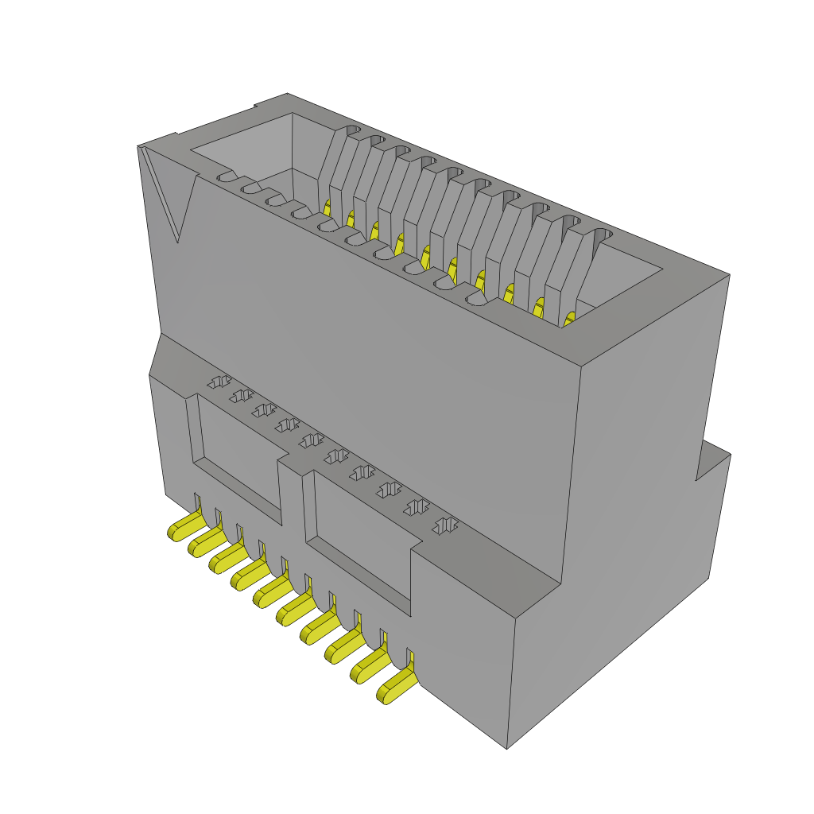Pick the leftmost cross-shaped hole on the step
(218, 382)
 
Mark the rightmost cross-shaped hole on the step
(446, 525)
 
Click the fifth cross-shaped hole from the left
(311, 440)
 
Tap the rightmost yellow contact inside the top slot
(569, 320)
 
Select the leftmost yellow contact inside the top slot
(327, 207)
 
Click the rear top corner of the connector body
(287, 94)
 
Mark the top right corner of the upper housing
(729, 275)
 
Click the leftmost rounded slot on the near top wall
(227, 176)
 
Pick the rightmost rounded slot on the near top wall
(476, 299)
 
